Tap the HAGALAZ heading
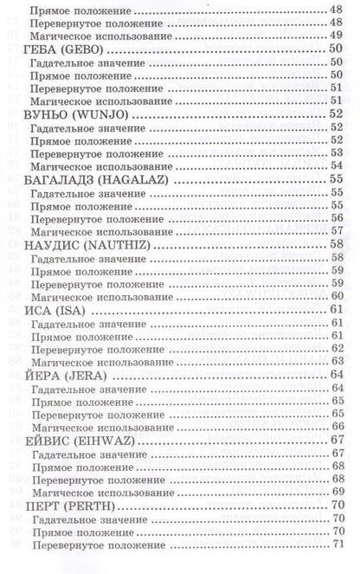tap(95, 179)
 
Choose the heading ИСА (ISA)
tap(57, 310)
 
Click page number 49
tap(337, 36)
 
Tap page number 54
tap(337, 166)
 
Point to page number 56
tap(337, 218)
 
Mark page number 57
tap(337, 231)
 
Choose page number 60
tap(337, 296)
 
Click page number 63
tap(337, 361)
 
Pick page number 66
tap(337, 426)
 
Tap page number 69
tap(337, 491)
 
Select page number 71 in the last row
tap(337, 543)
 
